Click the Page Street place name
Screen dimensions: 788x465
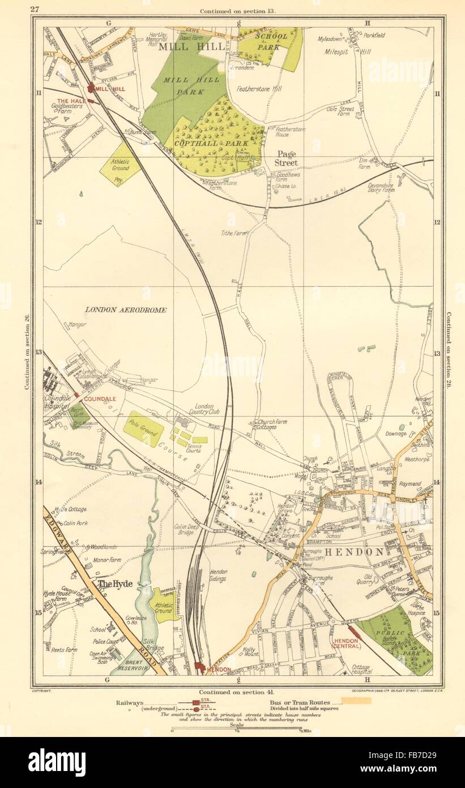pyautogui.click(x=286, y=158)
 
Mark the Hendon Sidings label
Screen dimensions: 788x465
pyautogui.click(x=218, y=576)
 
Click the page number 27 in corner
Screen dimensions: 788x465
pyautogui.click(x=35, y=9)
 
